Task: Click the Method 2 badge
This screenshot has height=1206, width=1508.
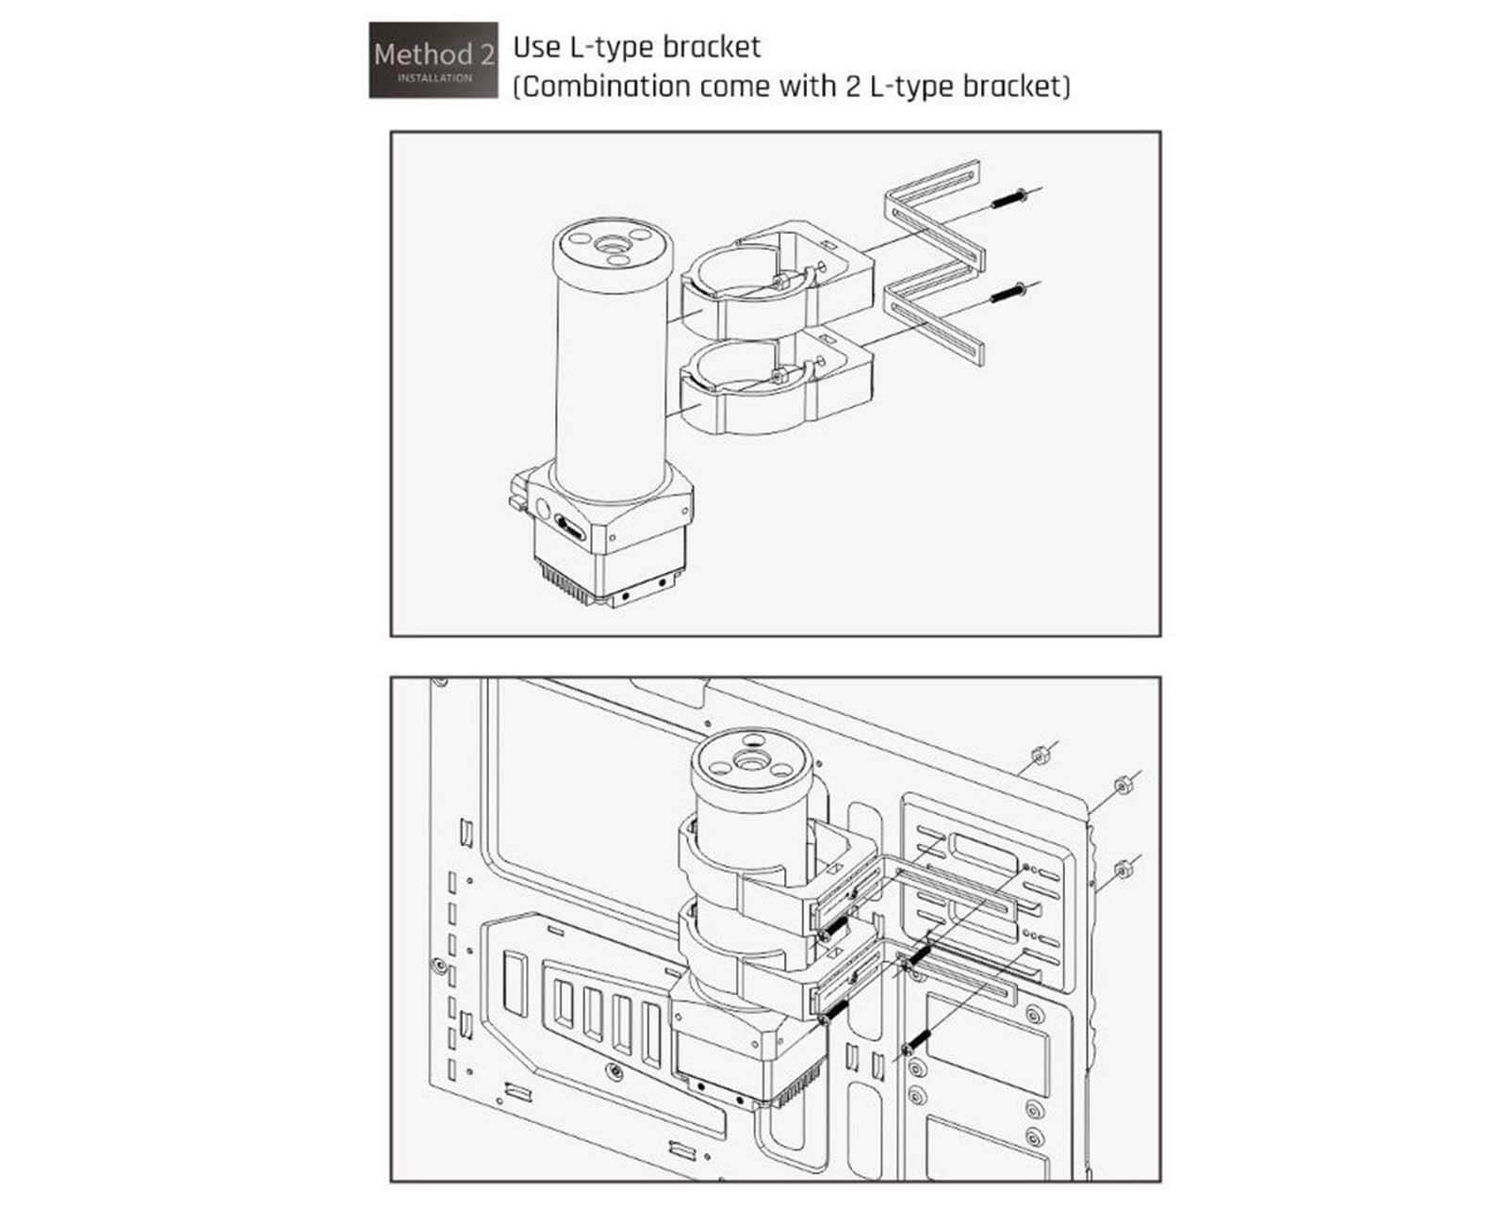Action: click(x=433, y=60)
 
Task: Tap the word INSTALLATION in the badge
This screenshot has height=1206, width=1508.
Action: click(x=434, y=78)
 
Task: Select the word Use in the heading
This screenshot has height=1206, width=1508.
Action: click(x=537, y=48)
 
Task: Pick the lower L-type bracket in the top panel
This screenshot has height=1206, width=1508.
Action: click(x=936, y=311)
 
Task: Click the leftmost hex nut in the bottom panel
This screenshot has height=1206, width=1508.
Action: click(x=1040, y=756)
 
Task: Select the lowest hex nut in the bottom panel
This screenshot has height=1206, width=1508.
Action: click(x=1123, y=870)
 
